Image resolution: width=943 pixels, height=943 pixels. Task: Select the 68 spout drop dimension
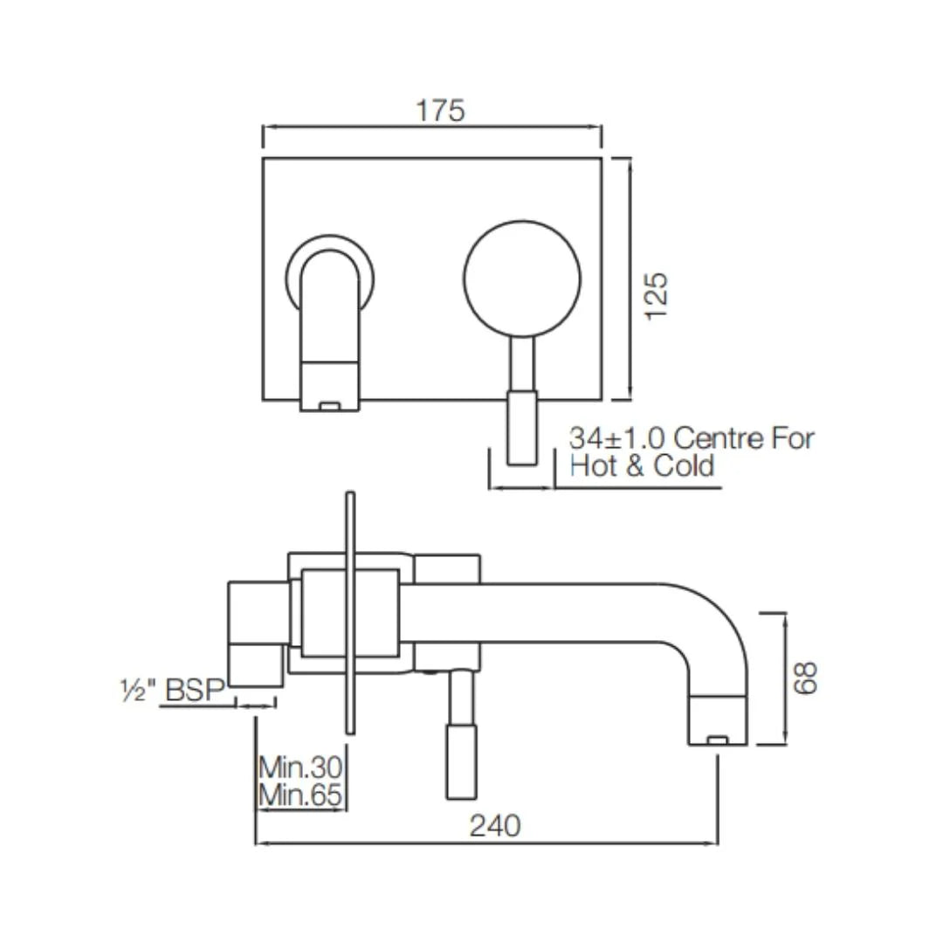(807, 678)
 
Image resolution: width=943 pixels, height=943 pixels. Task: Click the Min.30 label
(300, 768)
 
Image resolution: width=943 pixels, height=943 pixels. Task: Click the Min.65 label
(300, 795)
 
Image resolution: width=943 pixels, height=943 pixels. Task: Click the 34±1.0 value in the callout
(618, 437)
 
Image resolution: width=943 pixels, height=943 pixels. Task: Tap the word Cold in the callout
(684, 465)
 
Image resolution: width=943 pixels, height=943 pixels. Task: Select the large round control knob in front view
(522, 278)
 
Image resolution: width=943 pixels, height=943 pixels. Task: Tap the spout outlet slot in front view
(329, 405)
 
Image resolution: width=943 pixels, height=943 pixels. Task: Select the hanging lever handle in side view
(460, 742)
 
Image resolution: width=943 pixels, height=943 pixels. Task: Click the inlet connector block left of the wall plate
(255, 632)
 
